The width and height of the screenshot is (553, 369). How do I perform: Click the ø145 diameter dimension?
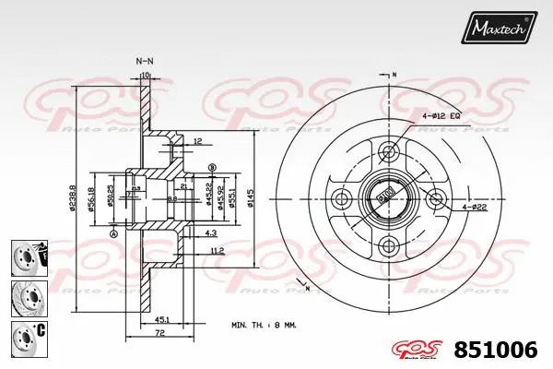coord(251,196)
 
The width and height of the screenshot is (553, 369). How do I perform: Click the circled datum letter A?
coord(113,235)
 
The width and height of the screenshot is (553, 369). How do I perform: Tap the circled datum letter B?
coord(213,167)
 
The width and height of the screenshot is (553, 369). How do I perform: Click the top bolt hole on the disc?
coord(388,150)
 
